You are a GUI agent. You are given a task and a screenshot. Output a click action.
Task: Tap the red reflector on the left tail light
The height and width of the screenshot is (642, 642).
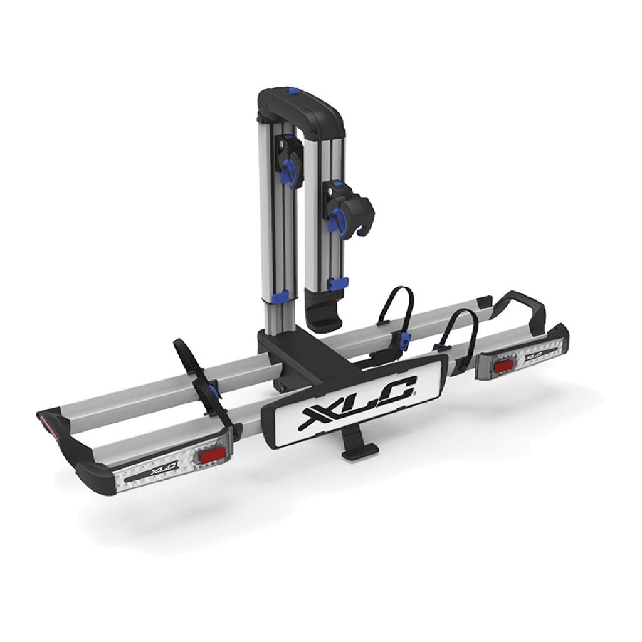212,455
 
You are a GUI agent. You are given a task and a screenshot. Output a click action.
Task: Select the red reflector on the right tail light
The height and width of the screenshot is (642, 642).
503,367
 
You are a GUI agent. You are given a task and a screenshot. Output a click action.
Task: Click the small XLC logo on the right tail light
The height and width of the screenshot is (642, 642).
534,354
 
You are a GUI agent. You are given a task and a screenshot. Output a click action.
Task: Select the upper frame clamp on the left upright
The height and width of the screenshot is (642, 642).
291,160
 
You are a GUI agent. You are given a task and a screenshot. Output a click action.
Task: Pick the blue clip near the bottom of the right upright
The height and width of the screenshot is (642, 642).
337,283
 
